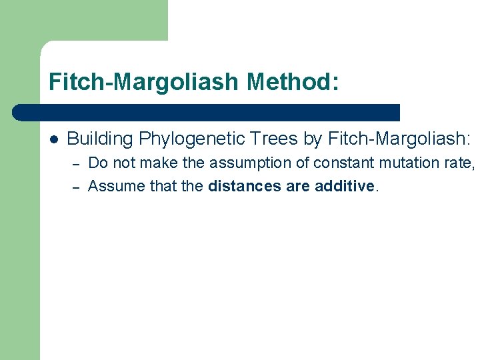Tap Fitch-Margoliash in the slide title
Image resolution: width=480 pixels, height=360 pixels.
coord(143,83)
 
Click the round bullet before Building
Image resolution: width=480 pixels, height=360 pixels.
coord(53,139)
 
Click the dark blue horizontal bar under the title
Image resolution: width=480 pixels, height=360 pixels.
coord(207,112)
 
